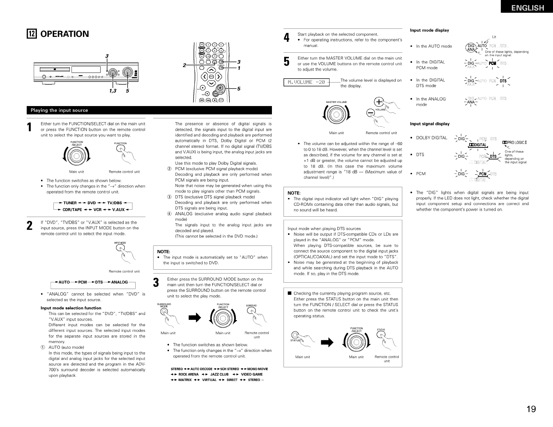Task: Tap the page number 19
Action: click(531, 409)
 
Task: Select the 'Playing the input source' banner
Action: click(60, 110)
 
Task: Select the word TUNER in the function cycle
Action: click(70, 203)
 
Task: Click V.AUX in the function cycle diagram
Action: click(118, 210)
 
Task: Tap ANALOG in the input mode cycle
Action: click(119, 282)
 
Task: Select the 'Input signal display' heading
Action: click(430, 124)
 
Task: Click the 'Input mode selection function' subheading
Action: click(71, 308)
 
